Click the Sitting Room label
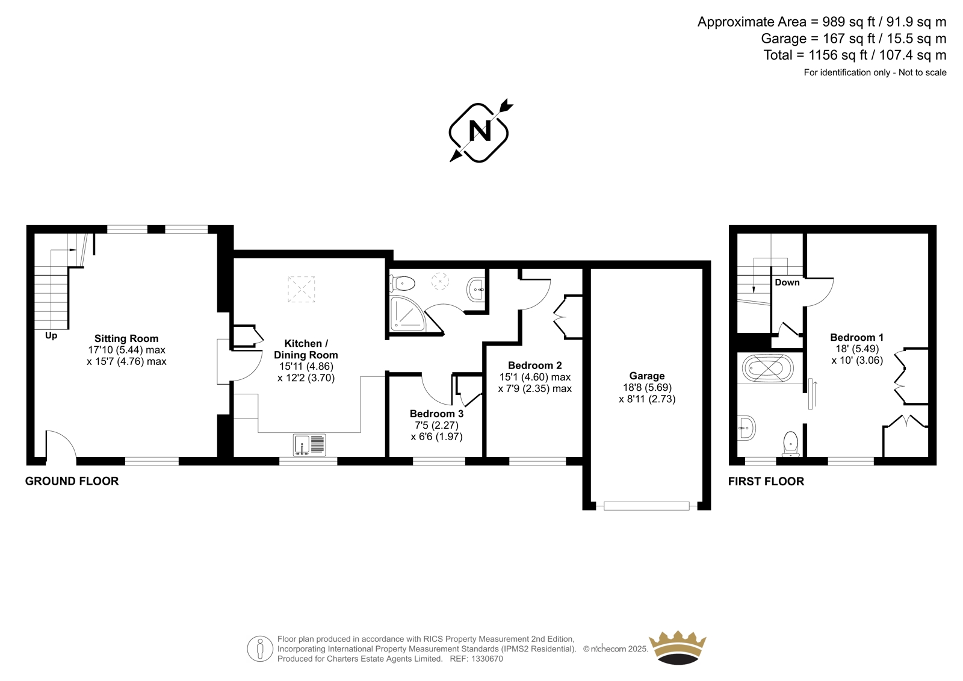pos(126,338)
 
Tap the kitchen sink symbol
pos(309,445)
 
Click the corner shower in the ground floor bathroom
pos(408,314)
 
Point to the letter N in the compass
pos(480,130)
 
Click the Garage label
pos(647,376)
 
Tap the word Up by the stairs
pos(51,335)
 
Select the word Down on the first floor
pos(787,282)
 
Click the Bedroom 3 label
pos(436,414)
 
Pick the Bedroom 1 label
pos(857,337)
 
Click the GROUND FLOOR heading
pos(72,481)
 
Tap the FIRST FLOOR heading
pos(766,481)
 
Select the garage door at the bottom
pos(646,506)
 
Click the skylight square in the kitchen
pos(301,289)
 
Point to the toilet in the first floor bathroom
pos(791,443)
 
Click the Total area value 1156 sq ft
pos(832,55)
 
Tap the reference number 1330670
pos(486,659)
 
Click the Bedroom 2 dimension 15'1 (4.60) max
pos(535,378)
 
